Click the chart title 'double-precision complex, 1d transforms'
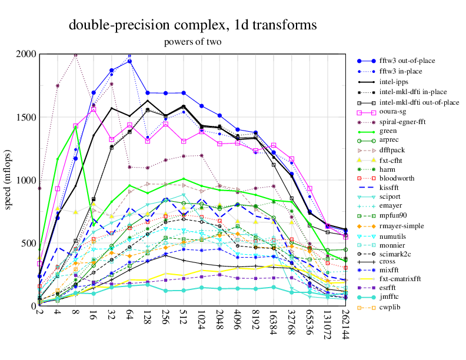[193, 25]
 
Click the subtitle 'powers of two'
[193, 42]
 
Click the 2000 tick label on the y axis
[26, 54]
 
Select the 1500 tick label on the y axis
[26, 117]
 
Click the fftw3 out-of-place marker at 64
[129, 61]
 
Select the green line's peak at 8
[75, 128]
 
